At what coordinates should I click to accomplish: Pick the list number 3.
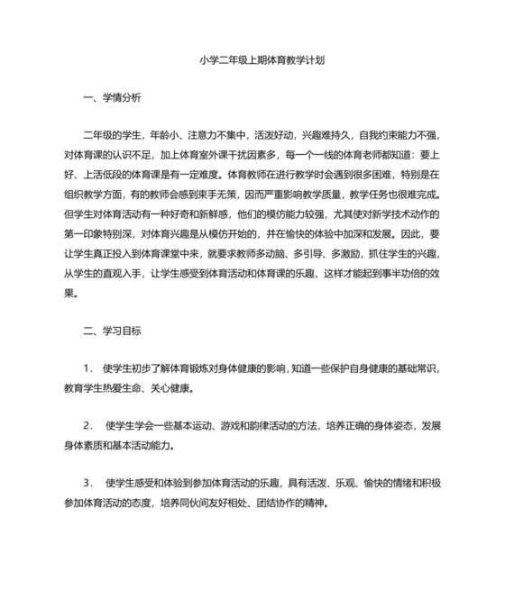tap(87, 482)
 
